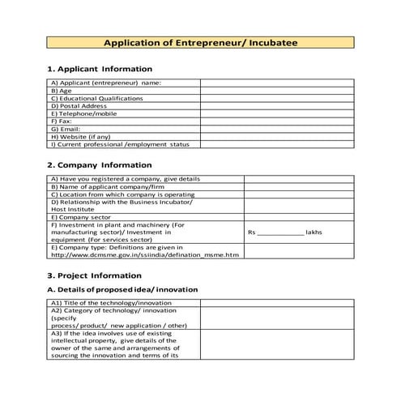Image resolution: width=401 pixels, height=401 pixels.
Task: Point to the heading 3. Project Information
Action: [x=95, y=275]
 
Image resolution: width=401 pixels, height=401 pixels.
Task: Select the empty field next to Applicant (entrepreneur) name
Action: [x=277, y=83]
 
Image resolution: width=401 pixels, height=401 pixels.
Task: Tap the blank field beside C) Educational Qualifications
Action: [x=277, y=98]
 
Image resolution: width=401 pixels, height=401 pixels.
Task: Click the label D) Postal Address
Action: [x=79, y=106]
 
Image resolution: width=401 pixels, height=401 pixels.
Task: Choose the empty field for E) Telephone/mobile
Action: [x=277, y=113]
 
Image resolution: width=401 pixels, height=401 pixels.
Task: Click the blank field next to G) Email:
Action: [x=277, y=129]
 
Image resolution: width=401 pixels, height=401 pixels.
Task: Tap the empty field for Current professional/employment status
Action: [x=277, y=144]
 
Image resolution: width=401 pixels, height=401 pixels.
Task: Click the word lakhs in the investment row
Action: [x=314, y=232]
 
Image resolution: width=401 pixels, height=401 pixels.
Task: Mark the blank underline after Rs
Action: [x=279, y=232]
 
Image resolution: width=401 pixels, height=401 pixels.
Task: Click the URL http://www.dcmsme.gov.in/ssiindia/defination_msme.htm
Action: [x=145, y=255]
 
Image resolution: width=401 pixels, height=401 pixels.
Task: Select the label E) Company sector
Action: [x=82, y=217]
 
